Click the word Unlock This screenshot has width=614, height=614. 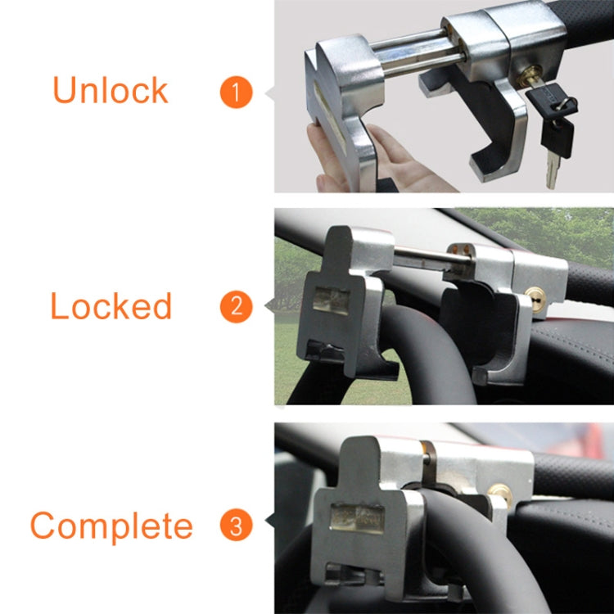[110, 90]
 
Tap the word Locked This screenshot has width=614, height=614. [111, 306]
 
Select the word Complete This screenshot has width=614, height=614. [111, 526]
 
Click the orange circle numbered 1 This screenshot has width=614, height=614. [236, 92]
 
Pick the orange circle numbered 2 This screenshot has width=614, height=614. [236, 307]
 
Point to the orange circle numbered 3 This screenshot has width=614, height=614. [236, 526]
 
